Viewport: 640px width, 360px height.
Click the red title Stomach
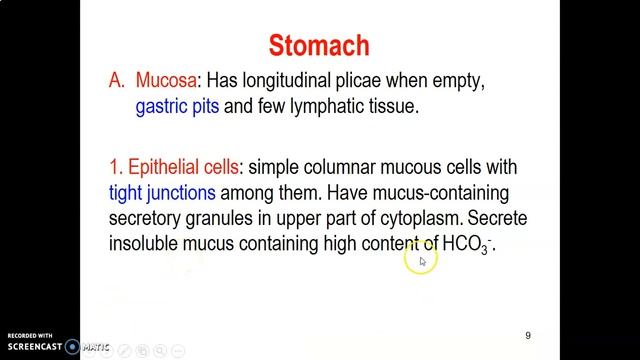click(319, 45)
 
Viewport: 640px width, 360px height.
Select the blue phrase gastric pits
click(178, 106)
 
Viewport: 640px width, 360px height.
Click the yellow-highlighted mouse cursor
click(421, 261)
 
